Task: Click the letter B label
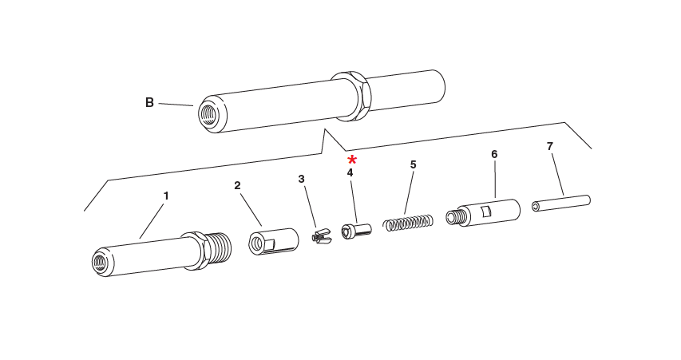pyautogui.click(x=149, y=102)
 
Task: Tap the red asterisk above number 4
pyautogui.click(x=352, y=160)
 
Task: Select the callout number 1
pyautogui.click(x=166, y=196)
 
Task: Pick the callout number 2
pyautogui.click(x=237, y=185)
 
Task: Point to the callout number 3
pyautogui.click(x=301, y=179)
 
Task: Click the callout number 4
pyautogui.click(x=350, y=172)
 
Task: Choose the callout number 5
pyautogui.click(x=413, y=164)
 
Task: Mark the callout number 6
pyautogui.click(x=494, y=154)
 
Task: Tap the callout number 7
pyautogui.click(x=549, y=146)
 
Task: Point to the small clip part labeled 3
pyautogui.click(x=319, y=237)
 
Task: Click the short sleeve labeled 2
pyautogui.click(x=274, y=241)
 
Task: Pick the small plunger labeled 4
pyautogui.click(x=356, y=231)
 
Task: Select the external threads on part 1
pyautogui.click(x=220, y=246)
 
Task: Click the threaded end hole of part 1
pyautogui.click(x=101, y=262)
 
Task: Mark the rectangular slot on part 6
pyautogui.click(x=485, y=211)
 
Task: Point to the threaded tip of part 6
pyautogui.click(x=456, y=217)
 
